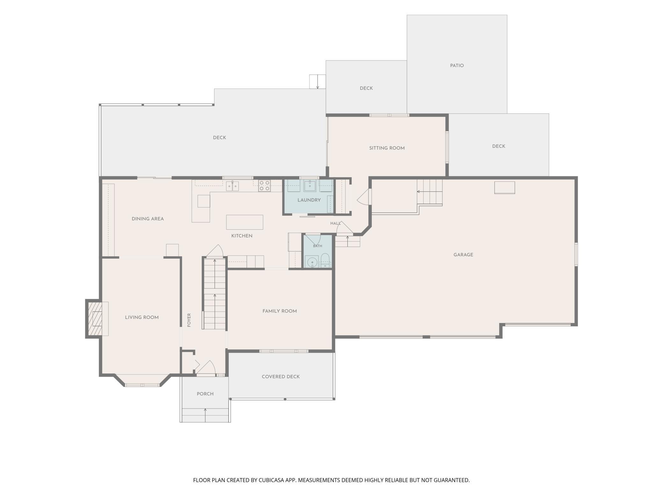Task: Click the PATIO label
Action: coord(457,66)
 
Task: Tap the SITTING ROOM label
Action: coord(387,148)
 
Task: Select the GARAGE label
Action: coord(463,255)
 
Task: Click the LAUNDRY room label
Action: coord(309,200)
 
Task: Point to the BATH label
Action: coord(317,246)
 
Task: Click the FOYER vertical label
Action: coord(189,320)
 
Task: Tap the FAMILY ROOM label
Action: coord(280,311)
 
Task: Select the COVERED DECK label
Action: coord(280,377)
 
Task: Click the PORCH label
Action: coord(205,394)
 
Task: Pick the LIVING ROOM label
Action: coord(142,317)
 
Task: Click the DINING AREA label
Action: coord(148,219)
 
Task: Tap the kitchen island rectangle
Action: coord(244,222)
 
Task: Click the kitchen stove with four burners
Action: coord(264,186)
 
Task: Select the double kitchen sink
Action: coord(232,186)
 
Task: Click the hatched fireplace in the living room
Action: coord(95,318)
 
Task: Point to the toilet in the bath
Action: coord(325,261)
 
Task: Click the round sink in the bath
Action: coord(311,262)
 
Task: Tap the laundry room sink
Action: coord(310,186)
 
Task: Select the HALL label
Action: coord(335,223)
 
